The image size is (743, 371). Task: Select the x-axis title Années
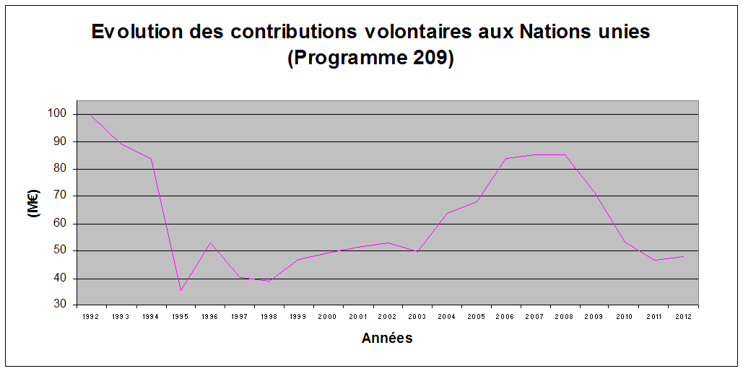(388, 338)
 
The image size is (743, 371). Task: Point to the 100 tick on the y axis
(57, 114)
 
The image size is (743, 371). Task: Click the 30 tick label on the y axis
(60, 305)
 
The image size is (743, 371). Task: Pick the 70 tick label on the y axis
(60, 196)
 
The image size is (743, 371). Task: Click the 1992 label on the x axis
(91, 317)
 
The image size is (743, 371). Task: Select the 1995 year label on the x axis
(180, 317)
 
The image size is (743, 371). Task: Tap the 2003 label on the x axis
(417, 317)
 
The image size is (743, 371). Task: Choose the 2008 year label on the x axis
(564, 317)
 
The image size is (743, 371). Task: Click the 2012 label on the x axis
(682, 317)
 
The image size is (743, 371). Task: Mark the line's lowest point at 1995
(181, 290)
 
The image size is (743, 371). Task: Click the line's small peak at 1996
(210, 243)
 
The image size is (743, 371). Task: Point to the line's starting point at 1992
(92, 115)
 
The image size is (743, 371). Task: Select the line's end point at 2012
(683, 256)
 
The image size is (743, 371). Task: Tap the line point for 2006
(505, 158)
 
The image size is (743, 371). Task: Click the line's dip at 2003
(417, 251)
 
